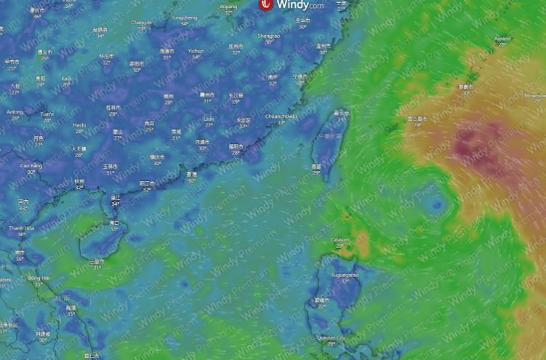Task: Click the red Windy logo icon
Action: point(267,5)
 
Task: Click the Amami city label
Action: point(502,39)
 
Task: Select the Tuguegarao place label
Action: point(346,276)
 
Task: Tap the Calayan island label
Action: point(340,240)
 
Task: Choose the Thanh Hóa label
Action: point(21,228)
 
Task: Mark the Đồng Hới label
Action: point(38,278)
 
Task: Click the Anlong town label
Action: point(15,112)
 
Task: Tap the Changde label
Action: point(141,23)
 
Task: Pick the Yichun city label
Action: point(196,51)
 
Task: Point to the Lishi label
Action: point(209,119)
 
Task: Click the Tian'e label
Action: point(47,113)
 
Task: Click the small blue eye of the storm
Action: point(436,205)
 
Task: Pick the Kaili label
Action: point(66,78)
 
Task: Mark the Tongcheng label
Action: point(184,17)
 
